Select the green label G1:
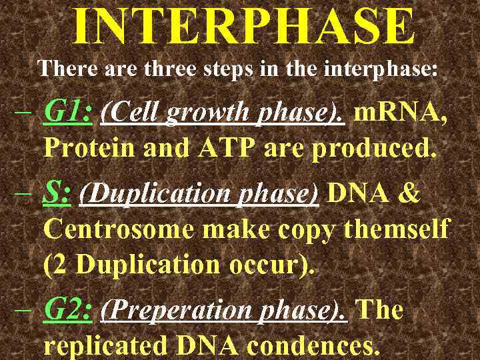coord(67,113)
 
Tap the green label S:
coord(57,193)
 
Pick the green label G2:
coord(67,310)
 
